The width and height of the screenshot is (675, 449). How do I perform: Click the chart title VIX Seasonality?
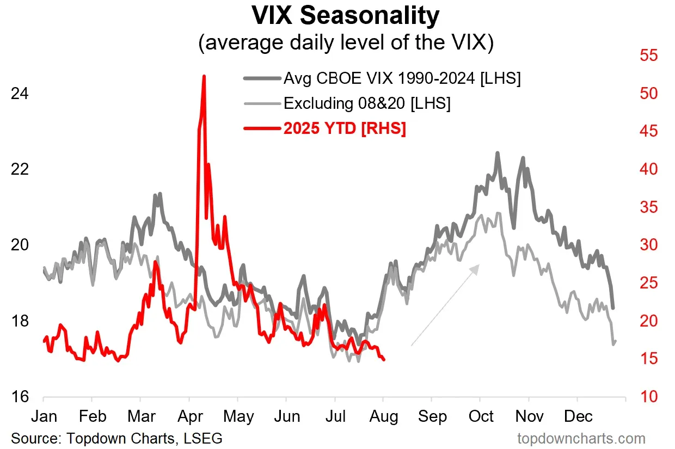345,16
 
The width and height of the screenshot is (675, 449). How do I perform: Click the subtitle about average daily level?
346,43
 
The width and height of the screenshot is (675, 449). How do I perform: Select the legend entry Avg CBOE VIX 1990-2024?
402,78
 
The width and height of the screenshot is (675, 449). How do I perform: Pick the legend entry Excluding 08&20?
367,103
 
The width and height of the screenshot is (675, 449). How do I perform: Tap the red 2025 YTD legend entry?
345,129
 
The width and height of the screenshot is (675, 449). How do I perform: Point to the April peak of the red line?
204,77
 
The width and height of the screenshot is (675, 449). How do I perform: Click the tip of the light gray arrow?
479,265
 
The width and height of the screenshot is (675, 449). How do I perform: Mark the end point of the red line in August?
384,360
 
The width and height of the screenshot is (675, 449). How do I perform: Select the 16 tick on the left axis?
19,397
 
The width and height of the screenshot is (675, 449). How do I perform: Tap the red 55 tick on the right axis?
648,56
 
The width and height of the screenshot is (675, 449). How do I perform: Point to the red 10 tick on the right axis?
648,397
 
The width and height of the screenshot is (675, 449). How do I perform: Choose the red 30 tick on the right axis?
648,245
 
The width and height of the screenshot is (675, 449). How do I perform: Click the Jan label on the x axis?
44,416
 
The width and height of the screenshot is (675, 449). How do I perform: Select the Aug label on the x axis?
383,416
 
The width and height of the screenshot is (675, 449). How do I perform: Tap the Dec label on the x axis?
578,416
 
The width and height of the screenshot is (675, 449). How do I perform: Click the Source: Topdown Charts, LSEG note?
116,438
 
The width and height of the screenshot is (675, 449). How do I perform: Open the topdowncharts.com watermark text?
581,438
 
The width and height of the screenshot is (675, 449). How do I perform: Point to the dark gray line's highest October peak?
497,153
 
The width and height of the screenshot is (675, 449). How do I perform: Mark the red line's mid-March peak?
155,262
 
